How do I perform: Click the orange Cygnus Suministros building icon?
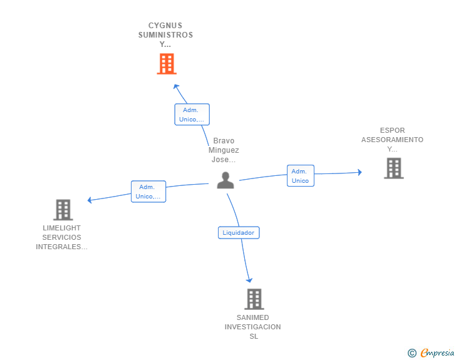click(x=166, y=64)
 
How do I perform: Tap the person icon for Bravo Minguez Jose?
click(x=225, y=180)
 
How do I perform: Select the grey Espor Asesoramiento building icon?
click(x=393, y=168)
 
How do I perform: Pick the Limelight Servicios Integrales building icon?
click(x=63, y=210)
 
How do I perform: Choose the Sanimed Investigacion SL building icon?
click(x=254, y=299)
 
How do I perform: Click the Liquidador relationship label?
click(x=239, y=233)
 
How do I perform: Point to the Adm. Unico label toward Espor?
click(x=301, y=176)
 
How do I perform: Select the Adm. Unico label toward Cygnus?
click(x=192, y=115)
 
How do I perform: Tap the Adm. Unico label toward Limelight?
click(x=148, y=192)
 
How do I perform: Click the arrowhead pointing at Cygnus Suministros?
click(x=176, y=86)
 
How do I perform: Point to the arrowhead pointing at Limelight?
click(x=90, y=200)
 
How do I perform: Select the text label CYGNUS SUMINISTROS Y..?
click(x=165, y=35)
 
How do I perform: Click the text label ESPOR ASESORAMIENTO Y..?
click(x=392, y=140)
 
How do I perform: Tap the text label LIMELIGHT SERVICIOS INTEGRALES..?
click(x=61, y=237)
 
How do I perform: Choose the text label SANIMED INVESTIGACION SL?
click(x=253, y=327)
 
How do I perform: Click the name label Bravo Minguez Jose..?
click(x=224, y=150)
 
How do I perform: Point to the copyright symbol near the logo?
click(x=412, y=353)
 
